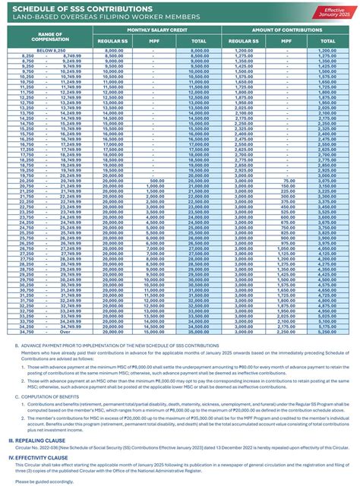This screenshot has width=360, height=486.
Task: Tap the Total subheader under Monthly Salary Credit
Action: tap(200, 41)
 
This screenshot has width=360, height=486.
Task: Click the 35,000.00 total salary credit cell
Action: tap(200, 331)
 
